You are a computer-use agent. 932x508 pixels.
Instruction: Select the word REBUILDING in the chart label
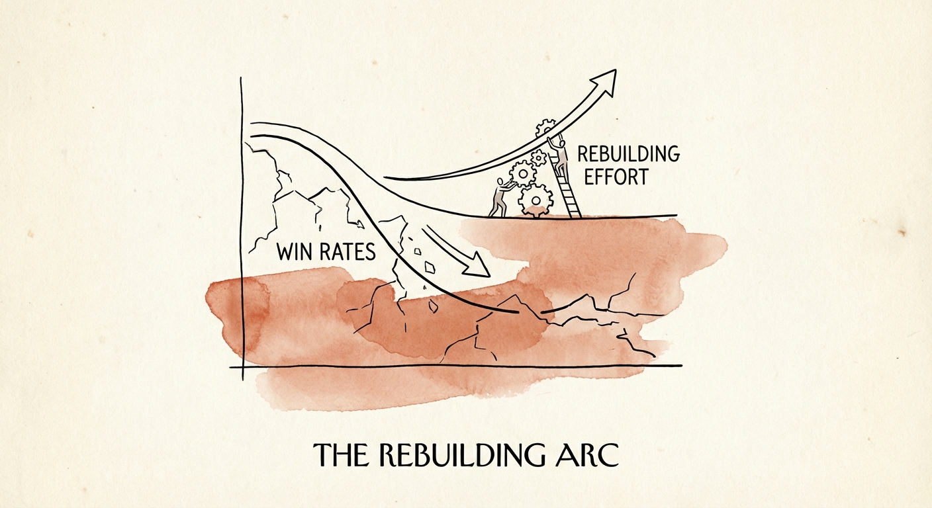628,155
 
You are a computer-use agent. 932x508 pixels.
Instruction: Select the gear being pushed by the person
523,174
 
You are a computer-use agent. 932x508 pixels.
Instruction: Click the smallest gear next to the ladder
539,157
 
